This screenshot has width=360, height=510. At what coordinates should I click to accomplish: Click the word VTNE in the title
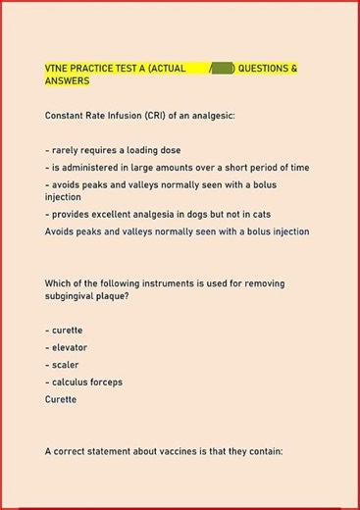(x=57, y=68)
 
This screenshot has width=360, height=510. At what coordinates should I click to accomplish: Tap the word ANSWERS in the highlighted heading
(x=68, y=80)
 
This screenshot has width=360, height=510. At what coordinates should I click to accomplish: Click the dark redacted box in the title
(x=223, y=68)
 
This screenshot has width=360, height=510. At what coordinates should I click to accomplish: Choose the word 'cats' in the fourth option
(x=259, y=214)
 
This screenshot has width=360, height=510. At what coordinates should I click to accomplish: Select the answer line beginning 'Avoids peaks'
(x=177, y=231)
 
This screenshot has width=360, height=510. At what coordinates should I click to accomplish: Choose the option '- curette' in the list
(x=64, y=331)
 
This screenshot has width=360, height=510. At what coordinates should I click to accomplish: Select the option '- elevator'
(x=66, y=347)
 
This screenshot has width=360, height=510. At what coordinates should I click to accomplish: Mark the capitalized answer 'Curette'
(x=63, y=399)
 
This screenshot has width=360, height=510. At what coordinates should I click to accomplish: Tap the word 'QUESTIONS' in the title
(x=268, y=68)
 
